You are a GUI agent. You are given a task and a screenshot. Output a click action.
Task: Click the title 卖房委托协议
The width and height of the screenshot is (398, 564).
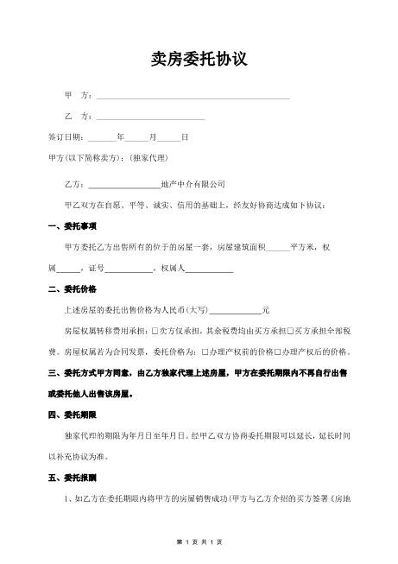[x=199, y=60]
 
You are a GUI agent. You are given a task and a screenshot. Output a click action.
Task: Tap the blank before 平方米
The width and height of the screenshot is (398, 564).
[x=278, y=249]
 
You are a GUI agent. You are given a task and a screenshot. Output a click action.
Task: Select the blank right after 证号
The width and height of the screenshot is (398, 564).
[x=127, y=269]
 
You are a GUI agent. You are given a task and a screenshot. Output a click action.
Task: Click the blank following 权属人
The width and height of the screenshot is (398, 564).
[x=210, y=269]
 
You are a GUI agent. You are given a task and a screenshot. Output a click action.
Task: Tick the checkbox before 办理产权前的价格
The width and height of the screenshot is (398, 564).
[x=204, y=352]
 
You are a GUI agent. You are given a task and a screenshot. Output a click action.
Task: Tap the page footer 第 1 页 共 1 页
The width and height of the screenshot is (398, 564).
[x=199, y=542]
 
